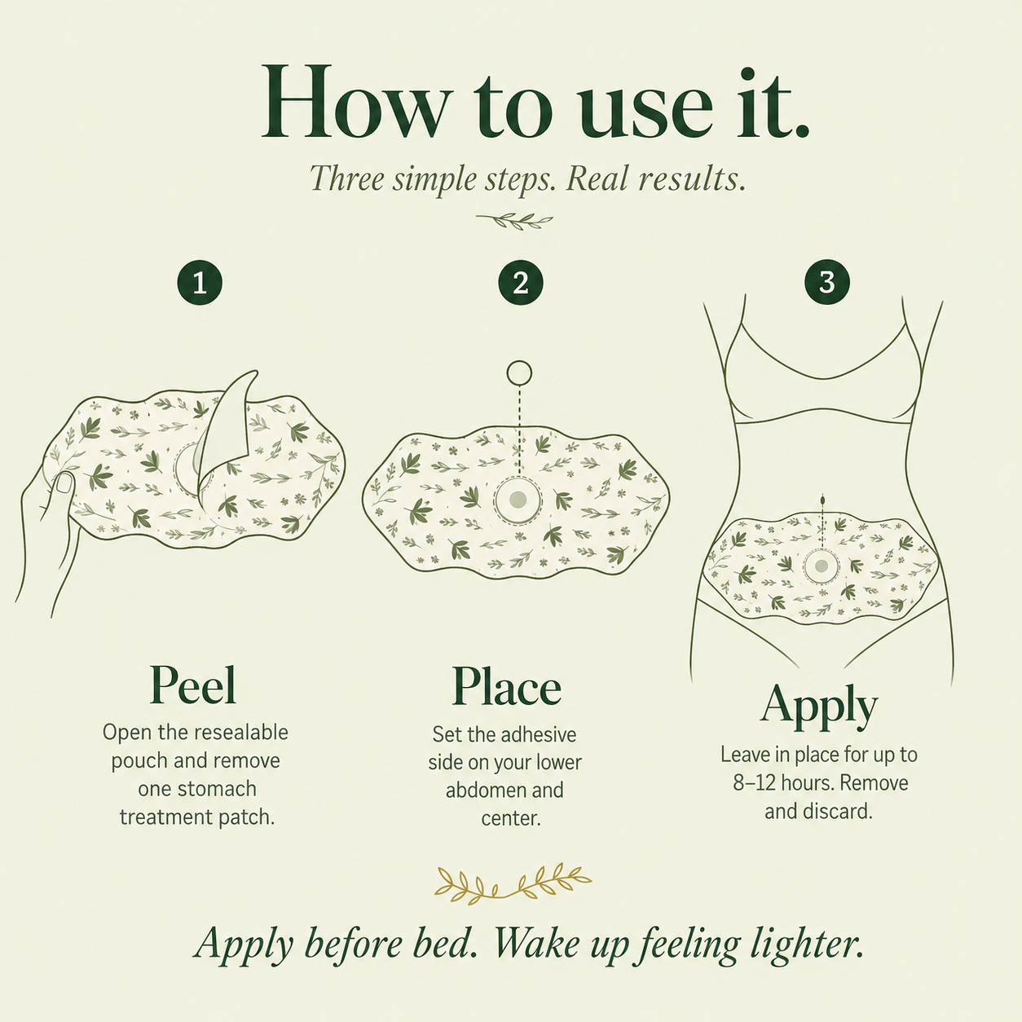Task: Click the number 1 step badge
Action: pyautogui.click(x=200, y=282)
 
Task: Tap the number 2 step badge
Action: pyautogui.click(x=520, y=282)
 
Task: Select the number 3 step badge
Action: pyautogui.click(x=827, y=282)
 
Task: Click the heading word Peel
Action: pyautogui.click(x=192, y=685)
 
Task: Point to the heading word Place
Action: pyautogui.click(x=506, y=685)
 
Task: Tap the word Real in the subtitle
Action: pyautogui.click(x=596, y=179)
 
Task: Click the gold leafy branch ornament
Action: pyautogui.click(x=513, y=883)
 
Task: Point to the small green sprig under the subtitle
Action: pyautogui.click(x=514, y=220)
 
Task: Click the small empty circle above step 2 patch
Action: pyautogui.click(x=519, y=373)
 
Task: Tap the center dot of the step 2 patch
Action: pyautogui.click(x=517, y=499)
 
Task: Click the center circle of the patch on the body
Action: pyautogui.click(x=822, y=566)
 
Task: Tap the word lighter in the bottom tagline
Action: pyautogui.click(x=807, y=945)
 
